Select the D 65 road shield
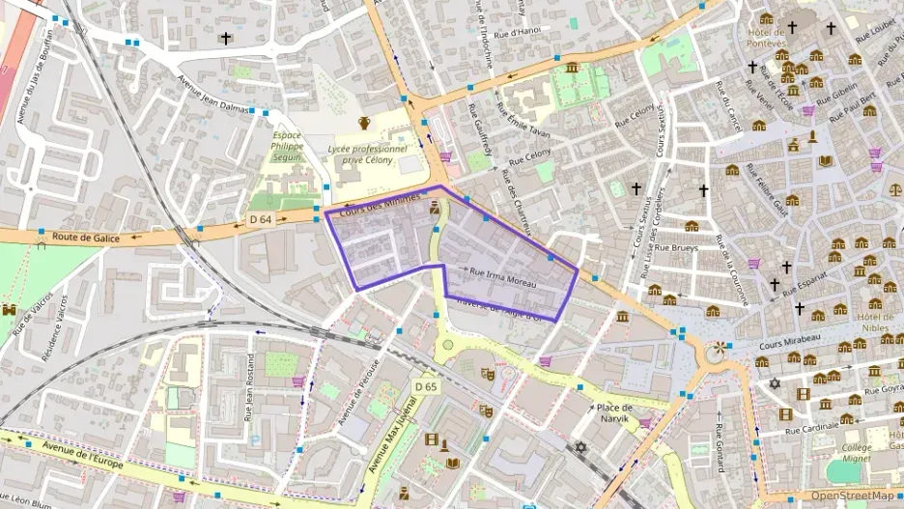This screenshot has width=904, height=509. pyautogui.click(x=426, y=386)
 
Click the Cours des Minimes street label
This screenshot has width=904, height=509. pyautogui.click(x=381, y=206)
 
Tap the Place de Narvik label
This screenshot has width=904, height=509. pyautogui.click(x=613, y=409)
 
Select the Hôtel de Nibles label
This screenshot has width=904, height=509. pyautogui.click(x=875, y=325)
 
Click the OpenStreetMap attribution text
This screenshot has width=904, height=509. pyautogui.click(x=855, y=496)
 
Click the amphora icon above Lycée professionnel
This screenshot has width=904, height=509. pyautogui.click(x=365, y=123)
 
